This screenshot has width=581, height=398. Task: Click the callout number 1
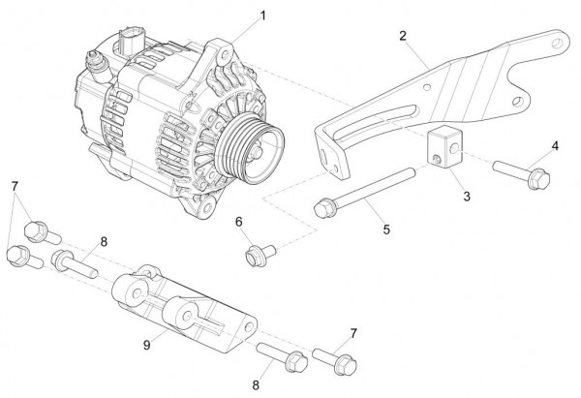pos(262,16)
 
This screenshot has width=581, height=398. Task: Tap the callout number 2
pos(401,37)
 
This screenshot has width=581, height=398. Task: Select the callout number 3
pos(467,197)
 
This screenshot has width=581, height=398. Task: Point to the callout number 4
pos(555,146)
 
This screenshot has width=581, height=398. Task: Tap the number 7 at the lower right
pos(352,332)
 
